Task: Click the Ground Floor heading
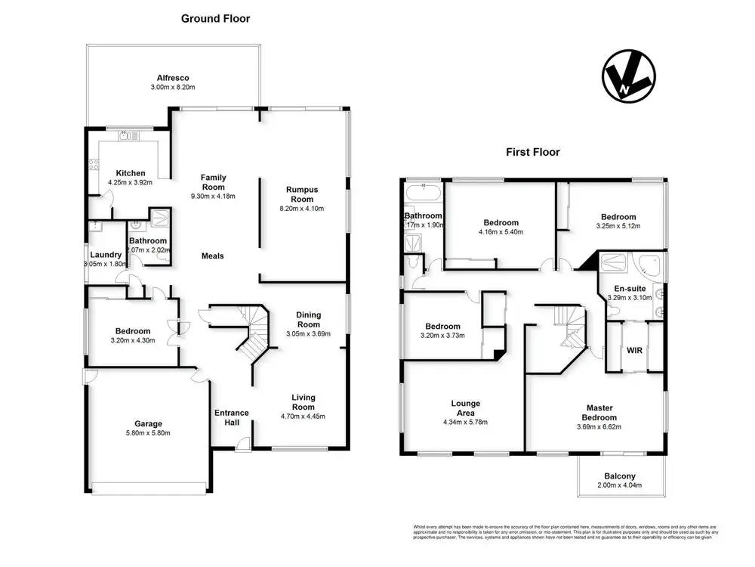click(215, 18)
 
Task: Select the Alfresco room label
click(172, 78)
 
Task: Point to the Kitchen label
click(130, 173)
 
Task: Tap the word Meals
click(212, 256)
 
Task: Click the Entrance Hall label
click(232, 417)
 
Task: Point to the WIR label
click(634, 350)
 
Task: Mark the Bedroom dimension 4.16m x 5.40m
click(501, 232)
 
